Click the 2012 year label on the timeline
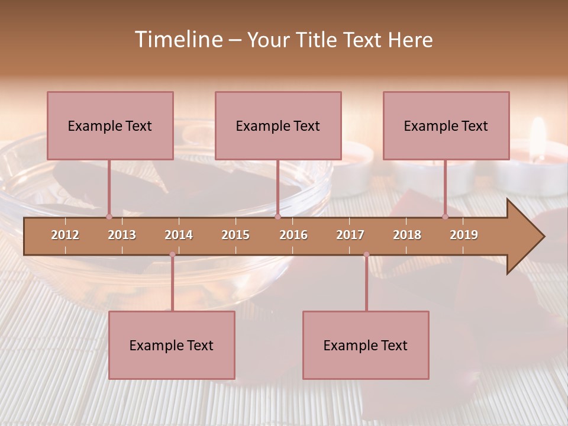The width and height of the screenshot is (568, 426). [x=65, y=235]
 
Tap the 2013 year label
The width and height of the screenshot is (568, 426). [x=122, y=235]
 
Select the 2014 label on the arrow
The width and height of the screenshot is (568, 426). [x=179, y=235]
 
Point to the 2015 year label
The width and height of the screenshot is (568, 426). [x=235, y=235]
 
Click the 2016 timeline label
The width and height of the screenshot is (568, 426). [x=293, y=235]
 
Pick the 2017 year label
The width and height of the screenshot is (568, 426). [x=350, y=235]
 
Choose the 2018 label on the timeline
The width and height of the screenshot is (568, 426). [x=407, y=235]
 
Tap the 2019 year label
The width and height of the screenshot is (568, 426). [x=464, y=235]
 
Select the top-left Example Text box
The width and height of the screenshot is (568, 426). [x=110, y=125]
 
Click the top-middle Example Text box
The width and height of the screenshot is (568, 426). [x=278, y=125]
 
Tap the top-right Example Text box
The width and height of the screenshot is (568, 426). [x=446, y=125]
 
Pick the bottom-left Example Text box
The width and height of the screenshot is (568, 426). [x=172, y=345]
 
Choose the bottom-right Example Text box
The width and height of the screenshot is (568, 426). [x=366, y=345]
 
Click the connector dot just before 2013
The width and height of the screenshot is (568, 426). [x=109, y=217]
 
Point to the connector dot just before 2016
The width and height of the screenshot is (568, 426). [x=277, y=217]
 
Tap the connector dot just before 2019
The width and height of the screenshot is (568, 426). [x=446, y=217]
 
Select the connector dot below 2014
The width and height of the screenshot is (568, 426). [x=172, y=254]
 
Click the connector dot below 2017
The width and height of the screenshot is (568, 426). [x=366, y=254]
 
